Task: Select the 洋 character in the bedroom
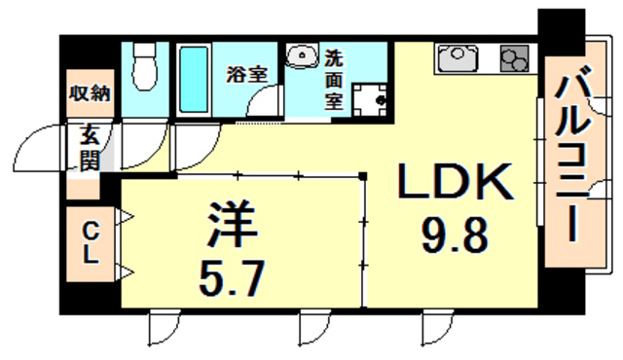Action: tap(232, 226)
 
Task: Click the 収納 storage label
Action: tap(90, 94)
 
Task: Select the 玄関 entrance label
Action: tap(89, 148)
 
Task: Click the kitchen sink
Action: tap(457, 59)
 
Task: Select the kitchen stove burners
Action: tap(512, 60)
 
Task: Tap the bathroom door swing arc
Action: tap(261, 102)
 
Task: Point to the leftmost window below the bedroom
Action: tap(163, 328)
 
